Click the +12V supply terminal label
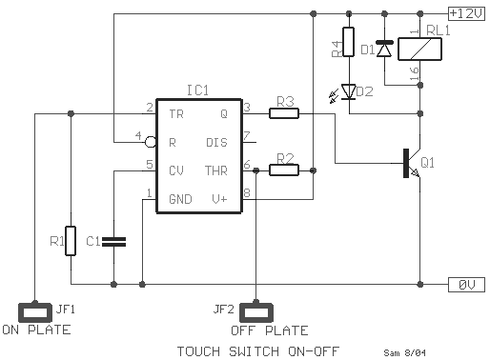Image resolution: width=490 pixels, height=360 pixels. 466,13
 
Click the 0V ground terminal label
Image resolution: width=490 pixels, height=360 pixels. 466,285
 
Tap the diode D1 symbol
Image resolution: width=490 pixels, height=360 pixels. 384,47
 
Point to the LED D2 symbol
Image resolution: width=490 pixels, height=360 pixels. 349,92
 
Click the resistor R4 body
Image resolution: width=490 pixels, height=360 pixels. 349,49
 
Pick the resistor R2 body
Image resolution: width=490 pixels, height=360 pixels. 283,170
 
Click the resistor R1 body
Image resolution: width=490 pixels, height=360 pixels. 71,241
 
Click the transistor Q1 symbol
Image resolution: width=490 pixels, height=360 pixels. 411,163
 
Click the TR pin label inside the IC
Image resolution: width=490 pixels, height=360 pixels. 176,114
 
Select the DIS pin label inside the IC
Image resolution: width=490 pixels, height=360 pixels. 216,143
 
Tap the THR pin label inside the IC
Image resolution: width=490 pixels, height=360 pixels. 216,171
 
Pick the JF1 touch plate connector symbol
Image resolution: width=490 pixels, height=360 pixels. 35,310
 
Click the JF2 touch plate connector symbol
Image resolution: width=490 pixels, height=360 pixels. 255,310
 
